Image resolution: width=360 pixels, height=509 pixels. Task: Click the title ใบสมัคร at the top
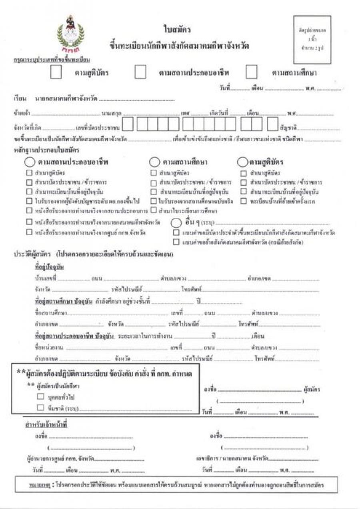(x=177, y=29)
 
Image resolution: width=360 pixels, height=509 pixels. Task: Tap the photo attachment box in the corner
(x=312, y=40)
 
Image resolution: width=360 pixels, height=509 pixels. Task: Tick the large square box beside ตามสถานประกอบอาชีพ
(x=140, y=72)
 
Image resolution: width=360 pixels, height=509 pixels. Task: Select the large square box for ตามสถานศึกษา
(x=251, y=72)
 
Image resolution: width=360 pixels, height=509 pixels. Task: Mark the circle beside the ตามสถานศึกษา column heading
(x=154, y=162)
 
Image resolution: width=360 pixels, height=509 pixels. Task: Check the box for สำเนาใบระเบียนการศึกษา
(x=154, y=210)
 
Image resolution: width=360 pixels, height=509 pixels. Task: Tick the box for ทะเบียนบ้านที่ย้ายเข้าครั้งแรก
(x=243, y=201)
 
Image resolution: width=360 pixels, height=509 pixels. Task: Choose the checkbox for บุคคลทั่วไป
(x=40, y=397)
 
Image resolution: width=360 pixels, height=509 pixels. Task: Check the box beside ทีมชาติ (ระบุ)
(x=40, y=407)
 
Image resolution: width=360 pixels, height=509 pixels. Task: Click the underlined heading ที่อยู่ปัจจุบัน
(x=49, y=267)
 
